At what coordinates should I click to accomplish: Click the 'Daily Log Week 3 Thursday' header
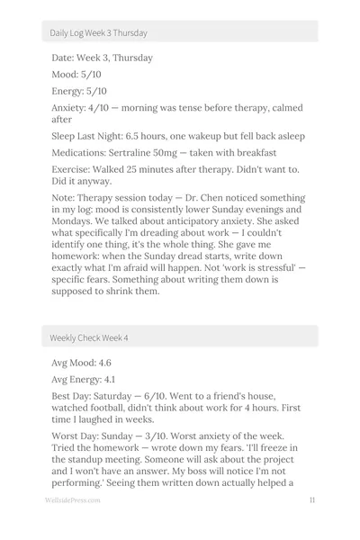click(99, 32)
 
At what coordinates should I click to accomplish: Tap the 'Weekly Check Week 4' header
click(89, 337)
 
